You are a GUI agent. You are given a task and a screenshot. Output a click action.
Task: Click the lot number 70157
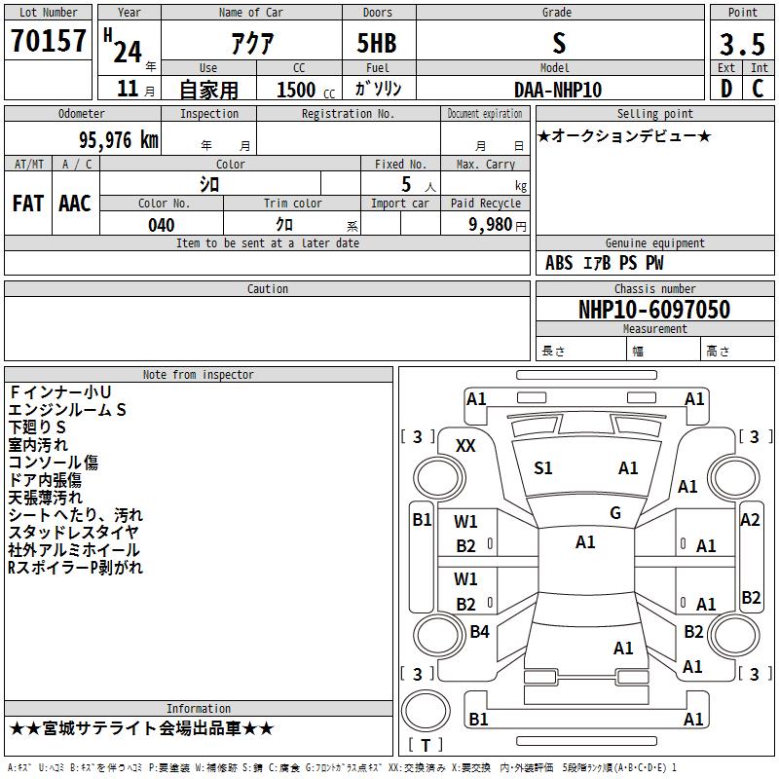click(x=48, y=41)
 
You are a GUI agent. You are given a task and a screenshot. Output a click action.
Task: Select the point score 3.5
click(x=742, y=45)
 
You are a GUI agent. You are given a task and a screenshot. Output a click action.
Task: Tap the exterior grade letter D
click(x=726, y=89)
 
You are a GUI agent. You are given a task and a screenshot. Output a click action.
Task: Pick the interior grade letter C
click(x=758, y=89)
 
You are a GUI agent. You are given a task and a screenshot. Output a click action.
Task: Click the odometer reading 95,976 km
click(x=119, y=140)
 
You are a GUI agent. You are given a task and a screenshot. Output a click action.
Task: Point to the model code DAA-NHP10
click(x=558, y=90)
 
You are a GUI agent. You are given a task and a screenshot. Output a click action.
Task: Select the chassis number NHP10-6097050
click(x=654, y=310)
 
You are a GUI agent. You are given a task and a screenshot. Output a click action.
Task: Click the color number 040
click(x=162, y=225)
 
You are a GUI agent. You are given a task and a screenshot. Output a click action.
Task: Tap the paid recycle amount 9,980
click(x=491, y=225)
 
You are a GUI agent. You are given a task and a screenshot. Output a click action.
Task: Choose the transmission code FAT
click(x=28, y=204)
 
